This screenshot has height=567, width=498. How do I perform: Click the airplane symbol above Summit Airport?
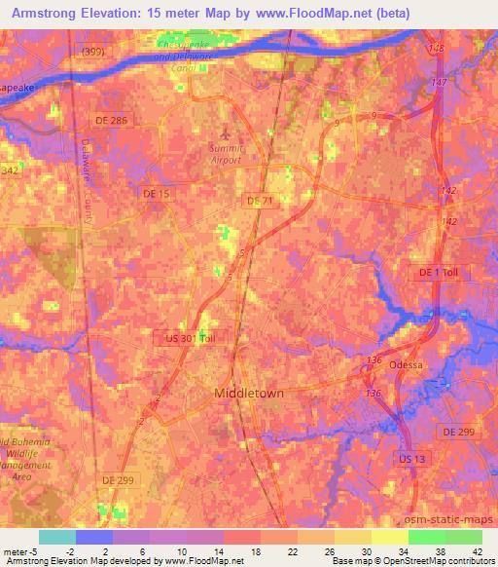tap(227, 128)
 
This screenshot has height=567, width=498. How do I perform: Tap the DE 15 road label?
tap(157, 195)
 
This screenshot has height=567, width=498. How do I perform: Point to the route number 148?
tap(436, 49)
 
